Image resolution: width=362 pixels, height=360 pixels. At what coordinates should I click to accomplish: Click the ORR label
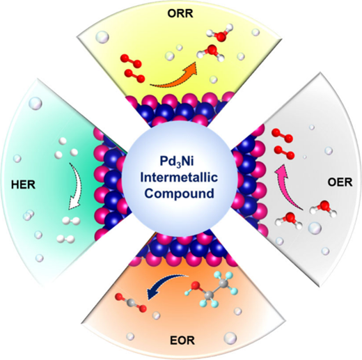(180, 14)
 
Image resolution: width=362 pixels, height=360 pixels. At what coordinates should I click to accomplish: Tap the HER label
(23, 185)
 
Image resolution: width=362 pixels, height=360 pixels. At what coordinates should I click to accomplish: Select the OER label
(340, 182)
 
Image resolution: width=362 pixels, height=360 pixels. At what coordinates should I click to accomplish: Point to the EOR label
(182, 341)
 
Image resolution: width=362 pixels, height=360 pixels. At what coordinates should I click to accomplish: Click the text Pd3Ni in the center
(177, 162)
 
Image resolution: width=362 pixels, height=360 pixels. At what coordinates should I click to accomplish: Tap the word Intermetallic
(179, 178)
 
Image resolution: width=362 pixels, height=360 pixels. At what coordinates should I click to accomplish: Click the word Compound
(179, 194)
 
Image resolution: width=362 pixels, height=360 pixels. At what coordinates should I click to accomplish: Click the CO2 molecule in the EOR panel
(132, 302)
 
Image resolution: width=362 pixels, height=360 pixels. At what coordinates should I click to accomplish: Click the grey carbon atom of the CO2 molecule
(132, 302)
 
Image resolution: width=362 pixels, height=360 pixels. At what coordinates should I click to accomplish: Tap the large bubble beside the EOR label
(230, 338)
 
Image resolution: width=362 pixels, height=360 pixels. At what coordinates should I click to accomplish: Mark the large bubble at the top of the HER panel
(36, 103)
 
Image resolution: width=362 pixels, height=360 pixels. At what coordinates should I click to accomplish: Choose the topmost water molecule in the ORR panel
(219, 32)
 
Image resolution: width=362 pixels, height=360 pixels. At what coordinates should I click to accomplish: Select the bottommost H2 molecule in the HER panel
(65, 239)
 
